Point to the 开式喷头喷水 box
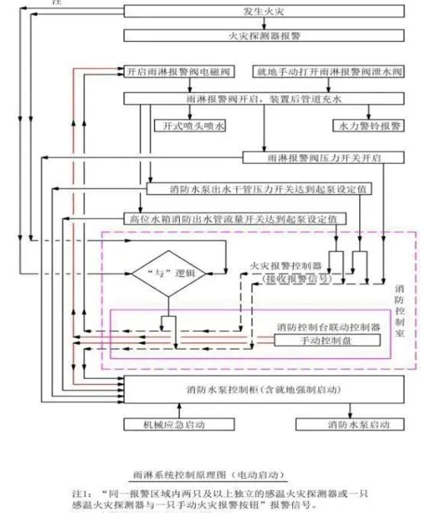pyautogui.click(x=190, y=125)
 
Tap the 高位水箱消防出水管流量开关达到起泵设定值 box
pyautogui.click(x=235, y=219)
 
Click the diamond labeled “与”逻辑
pyautogui.click(x=165, y=272)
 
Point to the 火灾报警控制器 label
pyautogui.click(x=285, y=267)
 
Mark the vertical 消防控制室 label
pyautogui.click(x=400, y=311)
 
